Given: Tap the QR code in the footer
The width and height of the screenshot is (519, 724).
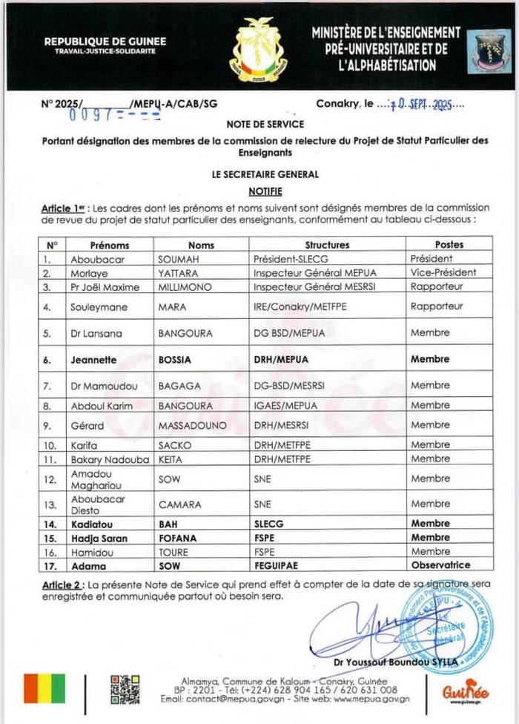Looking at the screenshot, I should tap(125, 689).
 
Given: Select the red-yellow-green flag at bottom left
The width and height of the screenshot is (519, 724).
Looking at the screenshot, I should tap(44, 689).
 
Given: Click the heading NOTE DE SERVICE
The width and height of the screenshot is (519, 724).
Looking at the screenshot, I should tap(265, 125).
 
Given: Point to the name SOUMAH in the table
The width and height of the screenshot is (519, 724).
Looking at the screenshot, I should tap(176, 259).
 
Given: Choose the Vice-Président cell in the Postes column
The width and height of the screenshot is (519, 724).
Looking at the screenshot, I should tap(443, 272).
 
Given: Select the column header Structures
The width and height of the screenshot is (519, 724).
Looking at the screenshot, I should tap(327, 245).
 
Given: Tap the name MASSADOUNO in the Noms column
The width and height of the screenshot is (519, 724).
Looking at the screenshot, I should tap(188, 425).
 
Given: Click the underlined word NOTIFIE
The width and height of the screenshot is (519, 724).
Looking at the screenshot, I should tap(265, 190).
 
